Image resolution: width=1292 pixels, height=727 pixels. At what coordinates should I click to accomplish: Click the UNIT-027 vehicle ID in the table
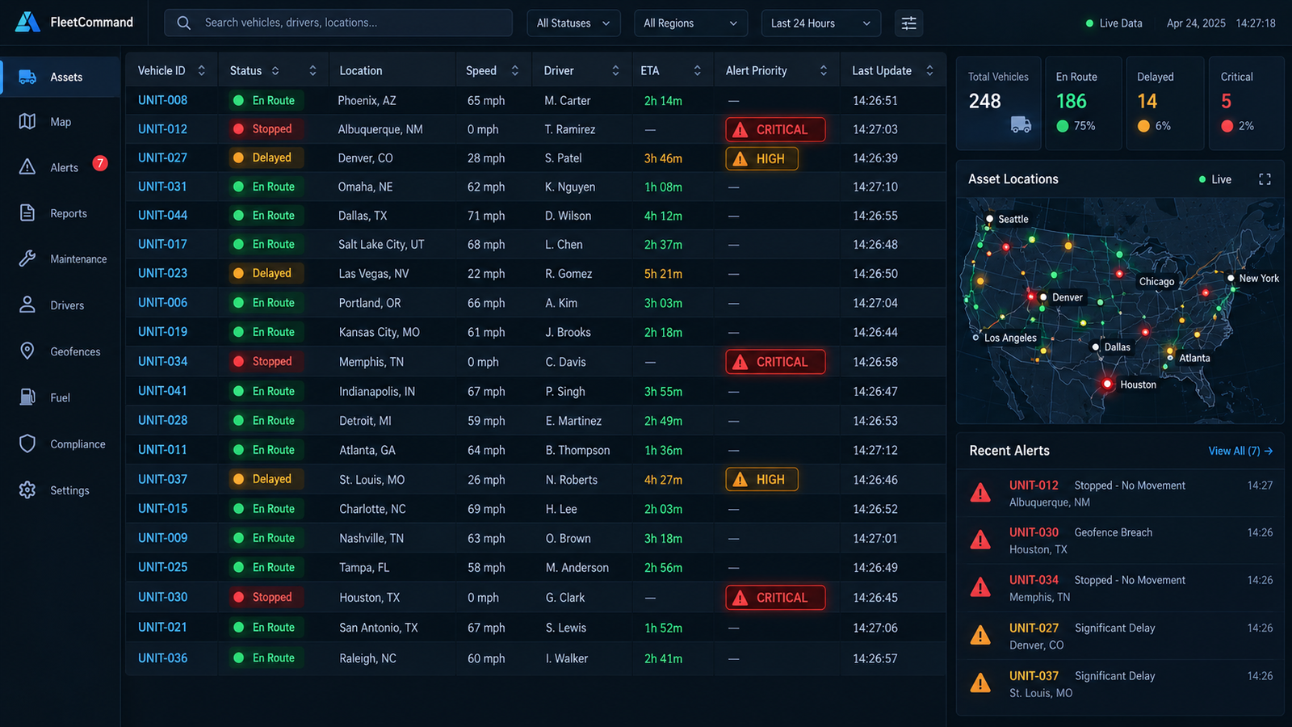(x=162, y=158)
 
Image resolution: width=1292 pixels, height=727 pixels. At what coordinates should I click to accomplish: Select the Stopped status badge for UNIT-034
(x=266, y=361)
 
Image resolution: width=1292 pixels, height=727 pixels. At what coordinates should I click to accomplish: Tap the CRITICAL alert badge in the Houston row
(x=775, y=597)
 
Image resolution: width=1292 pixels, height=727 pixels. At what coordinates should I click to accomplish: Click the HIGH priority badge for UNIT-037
(x=761, y=479)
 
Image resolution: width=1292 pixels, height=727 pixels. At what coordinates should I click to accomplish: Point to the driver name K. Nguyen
(x=570, y=187)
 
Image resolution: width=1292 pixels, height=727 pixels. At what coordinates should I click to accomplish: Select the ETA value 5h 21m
(x=663, y=274)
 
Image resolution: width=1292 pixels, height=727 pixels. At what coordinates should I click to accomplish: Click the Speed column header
(x=481, y=70)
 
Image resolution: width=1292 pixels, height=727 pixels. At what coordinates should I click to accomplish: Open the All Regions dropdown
(x=690, y=23)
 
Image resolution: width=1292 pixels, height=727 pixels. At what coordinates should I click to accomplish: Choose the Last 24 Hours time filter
(x=820, y=23)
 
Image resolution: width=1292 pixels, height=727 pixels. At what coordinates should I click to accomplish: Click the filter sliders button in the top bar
(x=908, y=23)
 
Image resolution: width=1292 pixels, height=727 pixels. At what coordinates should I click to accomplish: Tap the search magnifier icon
(x=183, y=23)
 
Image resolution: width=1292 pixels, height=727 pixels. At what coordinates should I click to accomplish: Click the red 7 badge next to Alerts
(x=100, y=163)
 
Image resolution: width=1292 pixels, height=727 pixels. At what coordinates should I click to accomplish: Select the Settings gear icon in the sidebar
(x=27, y=490)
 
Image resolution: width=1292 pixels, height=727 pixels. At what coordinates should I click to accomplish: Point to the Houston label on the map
(x=1138, y=385)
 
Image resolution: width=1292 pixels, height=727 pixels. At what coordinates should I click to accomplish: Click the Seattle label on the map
(x=1013, y=219)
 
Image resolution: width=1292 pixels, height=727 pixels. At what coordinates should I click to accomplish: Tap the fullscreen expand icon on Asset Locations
(x=1265, y=179)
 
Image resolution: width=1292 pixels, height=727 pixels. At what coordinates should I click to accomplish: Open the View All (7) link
(x=1240, y=451)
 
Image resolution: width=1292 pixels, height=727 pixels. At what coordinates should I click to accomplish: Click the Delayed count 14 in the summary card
(x=1147, y=102)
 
